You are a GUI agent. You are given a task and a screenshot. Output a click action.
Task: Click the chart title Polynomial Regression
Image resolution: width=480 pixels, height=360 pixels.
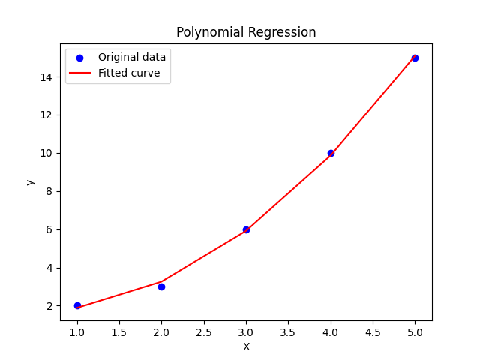(246, 32)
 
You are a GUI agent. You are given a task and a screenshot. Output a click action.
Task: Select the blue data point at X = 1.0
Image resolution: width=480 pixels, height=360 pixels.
(77, 305)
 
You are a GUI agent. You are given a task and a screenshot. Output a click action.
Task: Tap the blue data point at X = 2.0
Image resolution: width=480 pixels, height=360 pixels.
(161, 286)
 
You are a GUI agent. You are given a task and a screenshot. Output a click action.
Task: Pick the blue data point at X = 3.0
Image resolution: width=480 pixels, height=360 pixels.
(246, 229)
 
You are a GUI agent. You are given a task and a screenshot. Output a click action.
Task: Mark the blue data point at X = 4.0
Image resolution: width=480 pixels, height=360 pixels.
(331, 153)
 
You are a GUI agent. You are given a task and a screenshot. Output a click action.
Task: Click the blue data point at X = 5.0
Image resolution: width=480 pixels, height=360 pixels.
(415, 58)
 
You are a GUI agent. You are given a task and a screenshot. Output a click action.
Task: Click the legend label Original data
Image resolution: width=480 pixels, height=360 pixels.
(132, 58)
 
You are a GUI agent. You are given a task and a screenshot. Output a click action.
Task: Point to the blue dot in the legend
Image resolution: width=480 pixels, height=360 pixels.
(80, 58)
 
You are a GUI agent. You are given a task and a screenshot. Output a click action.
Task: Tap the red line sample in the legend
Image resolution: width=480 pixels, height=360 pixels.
(80, 73)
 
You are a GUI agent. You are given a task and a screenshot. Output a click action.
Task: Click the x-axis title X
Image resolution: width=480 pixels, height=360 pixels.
(246, 346)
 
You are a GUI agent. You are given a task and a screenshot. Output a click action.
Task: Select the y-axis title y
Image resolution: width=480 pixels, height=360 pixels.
(30, 181)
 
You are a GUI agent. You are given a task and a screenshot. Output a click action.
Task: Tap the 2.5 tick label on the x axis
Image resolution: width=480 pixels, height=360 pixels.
(204, 331)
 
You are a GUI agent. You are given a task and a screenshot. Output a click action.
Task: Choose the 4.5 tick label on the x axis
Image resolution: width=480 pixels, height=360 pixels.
(373, 331)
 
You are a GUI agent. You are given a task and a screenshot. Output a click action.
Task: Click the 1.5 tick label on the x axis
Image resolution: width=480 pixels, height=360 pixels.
(119, 331)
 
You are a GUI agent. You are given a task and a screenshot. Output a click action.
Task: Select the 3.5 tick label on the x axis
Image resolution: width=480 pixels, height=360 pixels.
(288, 331)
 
